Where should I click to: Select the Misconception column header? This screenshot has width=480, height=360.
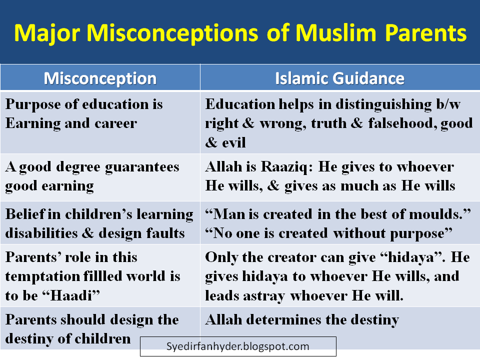(100, 78)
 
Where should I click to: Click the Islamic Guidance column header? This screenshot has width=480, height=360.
(339, 78)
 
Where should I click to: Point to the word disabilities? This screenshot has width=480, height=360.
(43, 233)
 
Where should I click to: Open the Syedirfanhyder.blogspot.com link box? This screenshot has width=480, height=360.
(238, 346)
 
